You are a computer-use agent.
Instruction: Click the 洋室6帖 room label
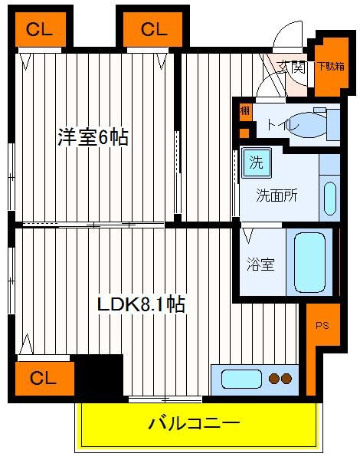tap(93, 137)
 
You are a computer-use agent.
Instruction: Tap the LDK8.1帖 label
tap(141, 304)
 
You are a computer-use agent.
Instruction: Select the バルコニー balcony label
tap(194, 423)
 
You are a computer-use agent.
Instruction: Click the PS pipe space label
tap(322, 325)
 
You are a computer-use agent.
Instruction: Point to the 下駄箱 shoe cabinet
tap(332, 67)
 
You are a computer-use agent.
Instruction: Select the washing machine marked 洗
tap(257, 163)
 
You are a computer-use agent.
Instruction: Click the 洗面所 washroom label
tap(277, 195)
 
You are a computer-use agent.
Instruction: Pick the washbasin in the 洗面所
tap(330, 199)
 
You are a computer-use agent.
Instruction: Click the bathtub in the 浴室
tap(309, 262)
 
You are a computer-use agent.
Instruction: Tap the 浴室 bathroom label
tap(260, 264)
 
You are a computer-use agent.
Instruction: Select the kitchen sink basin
tap(241, 379)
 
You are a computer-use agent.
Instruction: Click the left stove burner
tap(274, 379)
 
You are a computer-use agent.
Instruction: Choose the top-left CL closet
tap(40, 29)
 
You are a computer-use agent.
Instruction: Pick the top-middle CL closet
tap(152, 29)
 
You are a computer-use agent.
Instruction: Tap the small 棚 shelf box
tap(245, 111)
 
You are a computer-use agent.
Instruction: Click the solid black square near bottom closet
tap(99, 376)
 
